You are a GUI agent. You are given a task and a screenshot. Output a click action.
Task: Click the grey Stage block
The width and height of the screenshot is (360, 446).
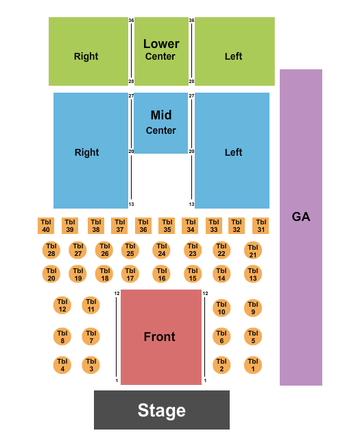tap(161, 410)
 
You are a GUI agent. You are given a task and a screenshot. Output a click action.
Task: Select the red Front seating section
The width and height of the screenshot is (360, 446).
tap(160, 337)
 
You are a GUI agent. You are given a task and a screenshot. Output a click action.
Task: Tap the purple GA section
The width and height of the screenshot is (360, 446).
tap(300, 226)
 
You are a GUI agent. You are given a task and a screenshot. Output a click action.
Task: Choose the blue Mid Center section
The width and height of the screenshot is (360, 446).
tap(160, 123)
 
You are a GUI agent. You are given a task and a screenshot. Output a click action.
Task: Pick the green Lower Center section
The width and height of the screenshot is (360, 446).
tap(160, 49)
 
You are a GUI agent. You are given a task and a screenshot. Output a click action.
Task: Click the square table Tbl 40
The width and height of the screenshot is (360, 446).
tap(46, 226)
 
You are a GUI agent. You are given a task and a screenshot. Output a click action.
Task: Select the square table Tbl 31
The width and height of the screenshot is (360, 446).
tap(261, 226)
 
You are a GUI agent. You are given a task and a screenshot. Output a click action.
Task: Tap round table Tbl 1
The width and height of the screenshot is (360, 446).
tap(253, 365)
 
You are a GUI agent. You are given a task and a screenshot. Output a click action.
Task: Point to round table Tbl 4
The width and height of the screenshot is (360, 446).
tap(62, 365)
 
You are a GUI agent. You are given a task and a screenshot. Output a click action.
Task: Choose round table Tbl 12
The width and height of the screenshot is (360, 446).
tap(62, 305)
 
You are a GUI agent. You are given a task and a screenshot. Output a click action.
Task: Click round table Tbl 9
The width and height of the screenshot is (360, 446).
tap(253, 307)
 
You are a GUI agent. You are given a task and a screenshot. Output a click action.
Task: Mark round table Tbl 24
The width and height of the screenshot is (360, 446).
tap(161, 250)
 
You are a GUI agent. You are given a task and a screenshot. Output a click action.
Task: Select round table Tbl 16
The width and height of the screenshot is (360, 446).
tap(161, 274)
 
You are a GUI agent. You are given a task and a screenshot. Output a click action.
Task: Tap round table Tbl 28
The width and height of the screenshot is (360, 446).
tap(51, 250)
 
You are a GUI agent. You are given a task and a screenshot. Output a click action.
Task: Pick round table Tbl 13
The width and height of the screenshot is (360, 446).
tap(253, 274)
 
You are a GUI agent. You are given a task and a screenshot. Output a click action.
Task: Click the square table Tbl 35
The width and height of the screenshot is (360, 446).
tap(167, 226)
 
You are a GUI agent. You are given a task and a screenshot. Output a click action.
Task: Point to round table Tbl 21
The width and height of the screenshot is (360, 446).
tap(253, 250)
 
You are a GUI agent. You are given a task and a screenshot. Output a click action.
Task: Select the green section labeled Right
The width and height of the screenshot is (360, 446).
tap(86, 56)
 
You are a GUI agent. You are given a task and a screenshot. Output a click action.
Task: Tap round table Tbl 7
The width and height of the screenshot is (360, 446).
tap(91, 336)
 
